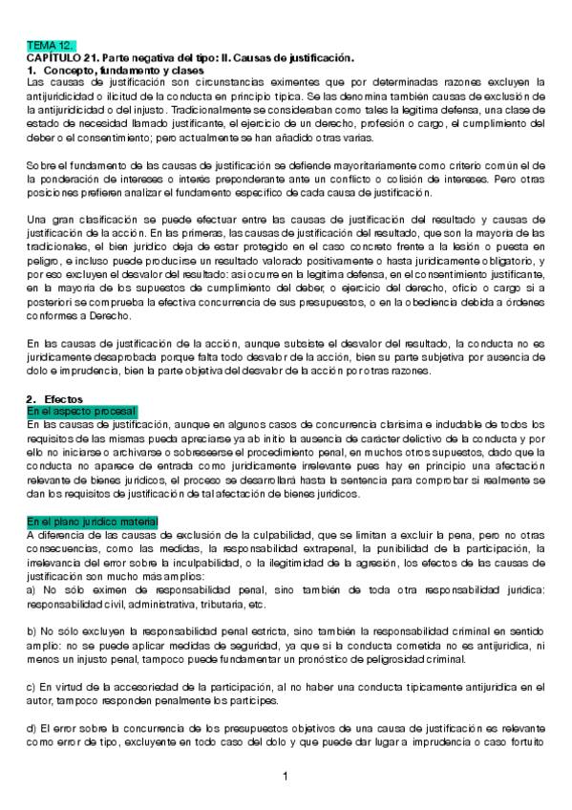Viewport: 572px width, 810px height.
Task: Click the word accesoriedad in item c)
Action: (125, 687)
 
